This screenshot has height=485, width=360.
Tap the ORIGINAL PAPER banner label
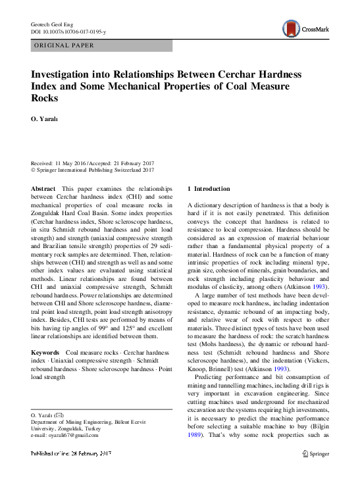point(63,45)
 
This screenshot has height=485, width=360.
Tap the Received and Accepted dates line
point(92,163)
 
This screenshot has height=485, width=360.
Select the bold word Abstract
point(43,188)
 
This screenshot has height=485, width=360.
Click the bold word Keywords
point(45,353)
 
